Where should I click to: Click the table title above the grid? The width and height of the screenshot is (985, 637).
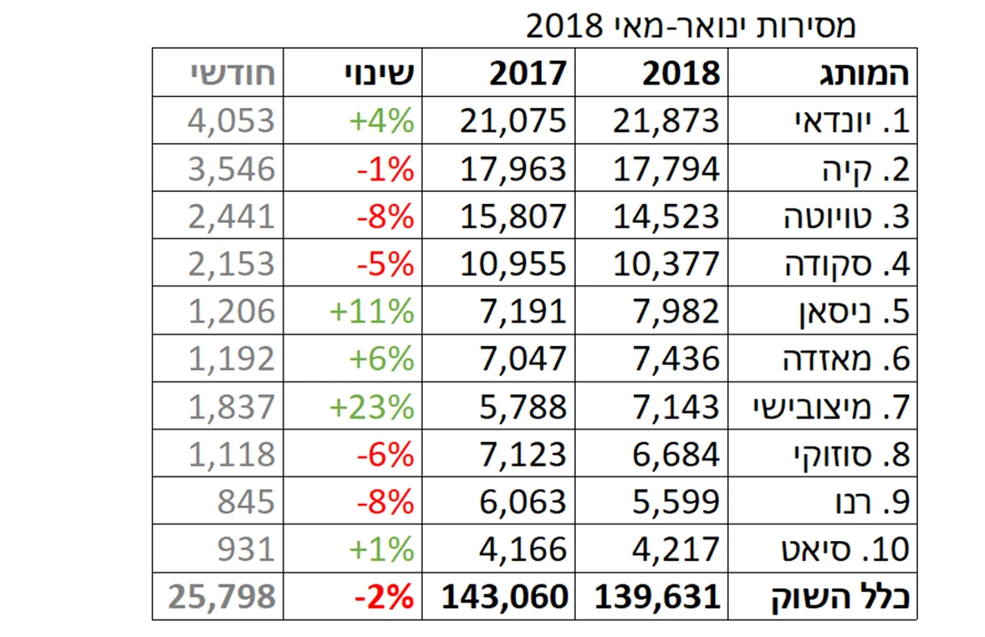coord(691,25)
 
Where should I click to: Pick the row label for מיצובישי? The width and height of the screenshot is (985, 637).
coord(830,407)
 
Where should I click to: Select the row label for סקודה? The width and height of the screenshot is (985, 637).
coord(846,264)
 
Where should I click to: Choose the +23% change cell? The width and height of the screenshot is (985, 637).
coord(371,407)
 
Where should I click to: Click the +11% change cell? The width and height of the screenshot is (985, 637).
coord(371,312)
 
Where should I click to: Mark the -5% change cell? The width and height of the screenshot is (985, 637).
coord(386,264)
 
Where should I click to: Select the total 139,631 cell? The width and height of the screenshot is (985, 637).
coord(658,596)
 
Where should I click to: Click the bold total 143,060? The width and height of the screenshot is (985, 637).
coord(505,596)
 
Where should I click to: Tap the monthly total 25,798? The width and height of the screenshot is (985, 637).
coord(221,596)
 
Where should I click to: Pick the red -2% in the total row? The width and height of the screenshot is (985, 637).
coord(384,596)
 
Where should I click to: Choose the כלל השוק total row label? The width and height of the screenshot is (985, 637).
coord(840,596)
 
